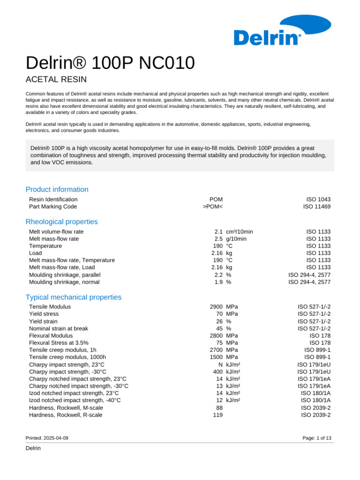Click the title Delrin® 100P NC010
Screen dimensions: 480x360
tap(110, 62)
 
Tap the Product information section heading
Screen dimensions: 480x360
tap(57, 189)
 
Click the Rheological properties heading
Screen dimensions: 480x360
tap(61, 221)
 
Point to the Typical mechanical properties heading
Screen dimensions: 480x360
tap(74, 297)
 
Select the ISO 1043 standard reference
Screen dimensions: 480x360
tap(318, 199)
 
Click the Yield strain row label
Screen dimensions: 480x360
tap(44, 322)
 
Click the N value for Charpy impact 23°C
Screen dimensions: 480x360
tap(220, 365)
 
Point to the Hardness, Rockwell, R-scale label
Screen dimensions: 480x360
tap(66, 415)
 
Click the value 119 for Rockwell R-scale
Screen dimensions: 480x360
tap(217, 415)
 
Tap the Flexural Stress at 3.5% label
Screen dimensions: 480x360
tap(59, 343)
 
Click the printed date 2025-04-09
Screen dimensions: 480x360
tap(57, 437)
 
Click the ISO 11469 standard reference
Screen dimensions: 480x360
tap(317, 207)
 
